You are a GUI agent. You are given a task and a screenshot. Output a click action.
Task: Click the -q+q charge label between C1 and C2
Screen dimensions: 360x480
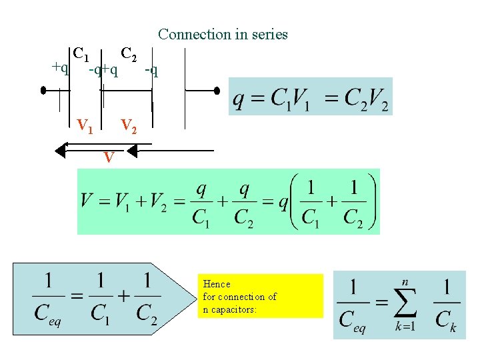click(x=104, y=69)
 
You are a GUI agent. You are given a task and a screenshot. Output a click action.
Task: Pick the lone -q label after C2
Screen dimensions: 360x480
click(x=151, y=69)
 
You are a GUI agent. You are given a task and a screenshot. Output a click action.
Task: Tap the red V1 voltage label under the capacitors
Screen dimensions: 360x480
click(x=85, y=125)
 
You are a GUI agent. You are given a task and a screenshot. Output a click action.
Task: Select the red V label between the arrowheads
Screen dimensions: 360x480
click(x=108, y=157)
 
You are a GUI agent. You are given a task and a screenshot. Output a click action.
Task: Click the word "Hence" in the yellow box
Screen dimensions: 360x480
click(x=216, y=284)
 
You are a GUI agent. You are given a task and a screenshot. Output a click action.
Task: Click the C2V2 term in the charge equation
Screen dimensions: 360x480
click(x=366, y=99)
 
